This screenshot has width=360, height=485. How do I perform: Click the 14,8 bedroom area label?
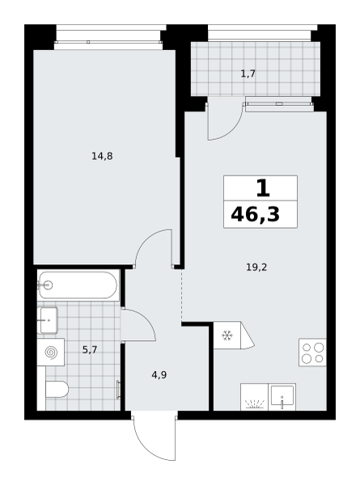point(102,157)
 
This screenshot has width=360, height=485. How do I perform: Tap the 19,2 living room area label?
point(256,268)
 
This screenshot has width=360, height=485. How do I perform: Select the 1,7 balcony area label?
point(248,74)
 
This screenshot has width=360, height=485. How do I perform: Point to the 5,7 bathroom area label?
point(90,350)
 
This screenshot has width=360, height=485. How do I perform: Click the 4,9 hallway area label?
point(159,375)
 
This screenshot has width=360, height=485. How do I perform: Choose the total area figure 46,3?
point(255,214)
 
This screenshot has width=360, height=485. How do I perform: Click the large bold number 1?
point(263,188)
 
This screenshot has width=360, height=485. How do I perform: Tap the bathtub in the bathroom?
point(78,285)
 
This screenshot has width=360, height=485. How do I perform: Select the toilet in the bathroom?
point(57,389)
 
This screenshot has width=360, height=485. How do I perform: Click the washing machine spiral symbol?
point(51,352)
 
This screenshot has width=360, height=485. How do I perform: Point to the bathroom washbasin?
point(48,320)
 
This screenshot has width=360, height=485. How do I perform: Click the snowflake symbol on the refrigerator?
point(227,335)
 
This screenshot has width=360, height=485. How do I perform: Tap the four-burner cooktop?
point(312,352)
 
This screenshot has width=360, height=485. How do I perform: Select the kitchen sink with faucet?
point(282,397)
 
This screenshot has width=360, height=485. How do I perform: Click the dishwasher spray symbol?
point(255,404)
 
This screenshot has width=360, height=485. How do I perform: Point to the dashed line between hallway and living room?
point(181,295)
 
